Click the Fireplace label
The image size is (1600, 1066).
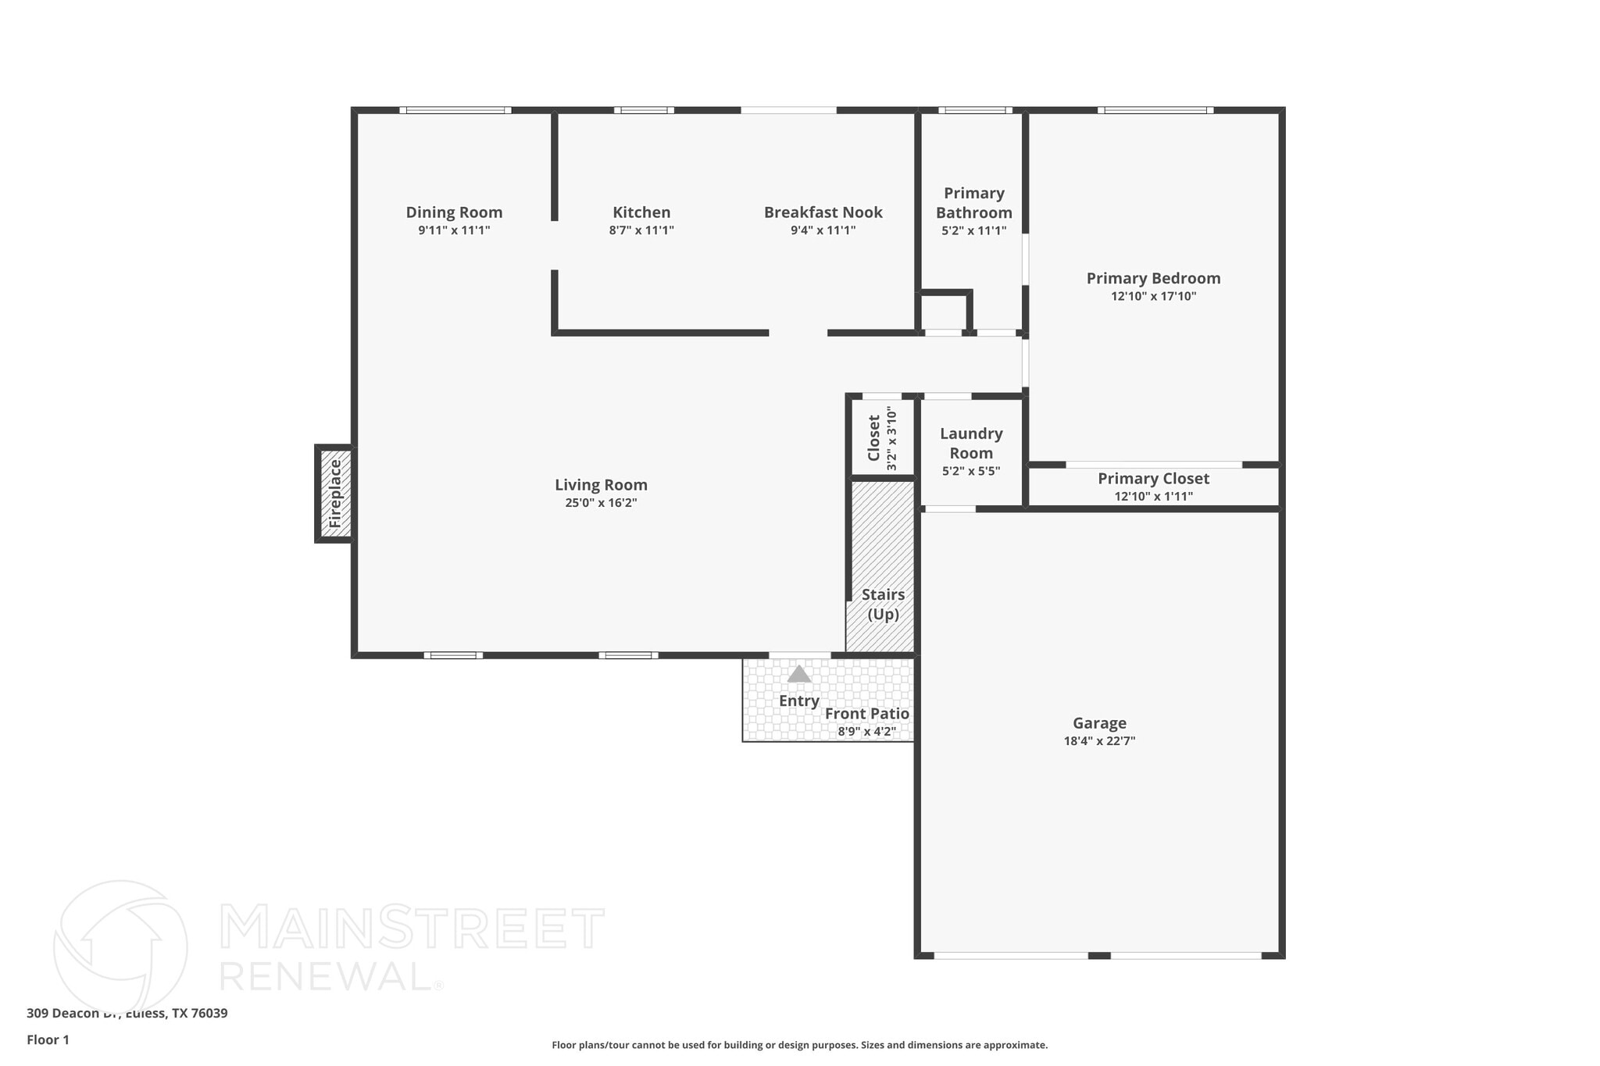pyautogui.click(x=335, y=494)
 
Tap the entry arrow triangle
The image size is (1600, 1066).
pyautogui.click(x=798, y=674)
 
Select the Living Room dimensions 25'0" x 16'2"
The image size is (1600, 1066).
pyautogui.click(x=601, y=503)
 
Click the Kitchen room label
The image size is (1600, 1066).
pyautogui.click(x=641, y=212)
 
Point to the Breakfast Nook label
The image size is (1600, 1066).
pyautogui.click(x=823, y=212)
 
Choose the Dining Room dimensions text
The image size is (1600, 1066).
pyautogui.click(x=454, y=230)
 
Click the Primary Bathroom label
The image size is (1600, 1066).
pyautogui.click(x=973, y=202)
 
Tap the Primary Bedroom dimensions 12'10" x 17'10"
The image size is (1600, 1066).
pyautogui.click(x=1153, y=296)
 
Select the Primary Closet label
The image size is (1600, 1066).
pyautogui.click(x=1153, y=479)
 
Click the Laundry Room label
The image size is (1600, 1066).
pyautogui.click(x=971, y=443)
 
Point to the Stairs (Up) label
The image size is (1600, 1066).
pyautogui.click(x=883, y=604)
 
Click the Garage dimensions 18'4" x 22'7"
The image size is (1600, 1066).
pyautogui.click(x=1099, y=741)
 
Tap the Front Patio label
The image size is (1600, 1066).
pyautogui.click(x=866, y=714)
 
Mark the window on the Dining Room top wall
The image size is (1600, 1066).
pyautogui.click(x=455, y=110)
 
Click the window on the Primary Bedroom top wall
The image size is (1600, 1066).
pyautogui.click(x=1155, y=110)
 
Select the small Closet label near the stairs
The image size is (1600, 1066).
pyautogui.click(x=874, y=437)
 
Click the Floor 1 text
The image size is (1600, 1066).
pyautogui.click(x=48, y=1039)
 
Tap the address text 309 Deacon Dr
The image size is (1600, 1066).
pyautogui.click(x=127, y=1013)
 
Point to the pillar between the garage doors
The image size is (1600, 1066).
pyautogui.click(x=1099, y=955)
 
